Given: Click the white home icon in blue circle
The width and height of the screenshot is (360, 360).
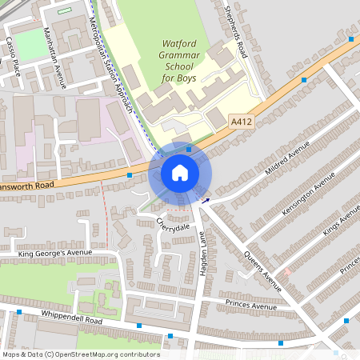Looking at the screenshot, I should pos(180,173).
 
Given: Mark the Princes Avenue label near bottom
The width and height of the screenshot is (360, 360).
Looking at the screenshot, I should pos(250,305).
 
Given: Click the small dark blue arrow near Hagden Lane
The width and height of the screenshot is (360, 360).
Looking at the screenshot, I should pos(206,202).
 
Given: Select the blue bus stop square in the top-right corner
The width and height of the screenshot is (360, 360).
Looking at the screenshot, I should pos(351,38).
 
